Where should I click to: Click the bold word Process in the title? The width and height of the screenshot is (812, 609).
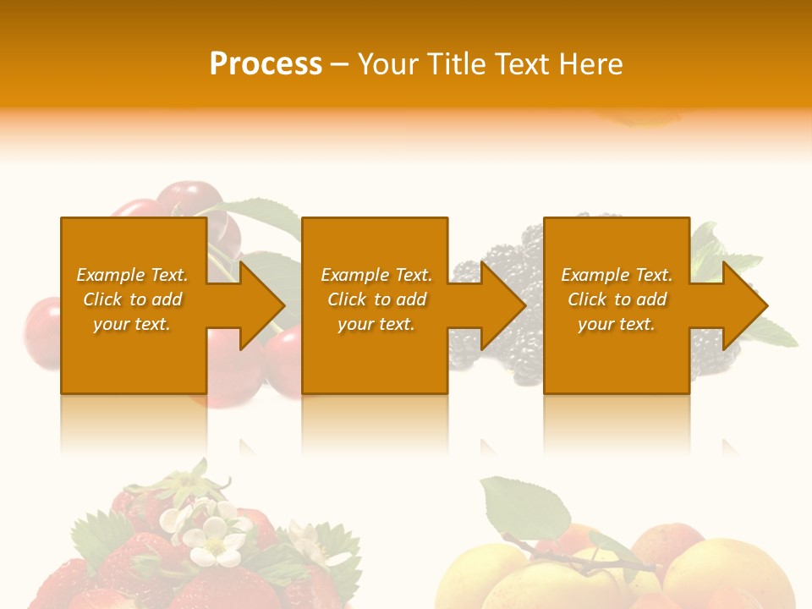point(266,64)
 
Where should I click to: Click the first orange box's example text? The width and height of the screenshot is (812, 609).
point(132,299)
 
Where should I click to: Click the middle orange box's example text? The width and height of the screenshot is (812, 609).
point(376,299)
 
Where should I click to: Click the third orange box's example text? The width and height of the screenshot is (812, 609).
point(617,299)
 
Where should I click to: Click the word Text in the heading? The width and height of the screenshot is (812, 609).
point(523,64)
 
